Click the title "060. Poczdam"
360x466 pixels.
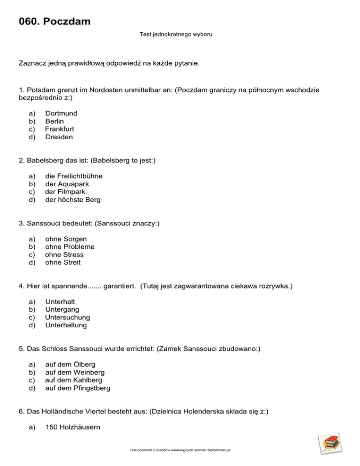pos(55,22)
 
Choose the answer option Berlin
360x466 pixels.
pos(55,121)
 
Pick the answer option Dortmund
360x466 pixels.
pos(61,113)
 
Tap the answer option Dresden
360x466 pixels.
pos(59,137)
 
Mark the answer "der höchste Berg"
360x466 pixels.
pos(72,200)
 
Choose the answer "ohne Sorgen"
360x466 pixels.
pos(66,239)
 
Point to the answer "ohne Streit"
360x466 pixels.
pos(63,263)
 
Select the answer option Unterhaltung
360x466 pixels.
pos(66,325)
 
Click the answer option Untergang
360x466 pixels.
pos(62,309)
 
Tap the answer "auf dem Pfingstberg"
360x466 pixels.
pos(77,388)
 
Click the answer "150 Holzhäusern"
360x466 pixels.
pos(72,435)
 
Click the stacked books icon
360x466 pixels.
pos(329,445)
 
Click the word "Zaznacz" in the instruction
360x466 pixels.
pos(34,62)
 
